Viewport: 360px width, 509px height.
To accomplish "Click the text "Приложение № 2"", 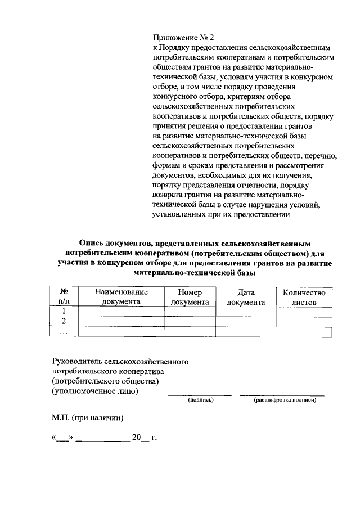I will click(183, 38).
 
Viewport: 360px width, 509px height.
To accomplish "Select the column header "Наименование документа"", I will click(121, 297).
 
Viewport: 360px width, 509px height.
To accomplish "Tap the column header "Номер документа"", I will click(190, 297).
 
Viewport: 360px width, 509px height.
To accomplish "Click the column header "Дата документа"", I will click(246, 297).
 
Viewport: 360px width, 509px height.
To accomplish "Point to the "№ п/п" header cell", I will click(64, 297).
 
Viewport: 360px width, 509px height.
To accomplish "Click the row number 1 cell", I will click(64, 311).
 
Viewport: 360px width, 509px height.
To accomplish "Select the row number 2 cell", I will click(64, 321).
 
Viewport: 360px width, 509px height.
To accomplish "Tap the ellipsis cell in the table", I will click(64, 332).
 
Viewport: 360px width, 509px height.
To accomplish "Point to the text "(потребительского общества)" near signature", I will click(105, 381).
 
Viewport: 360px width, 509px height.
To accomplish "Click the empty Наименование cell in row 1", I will click(121, 311).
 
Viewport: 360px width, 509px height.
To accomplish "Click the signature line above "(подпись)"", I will click(200, 394).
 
